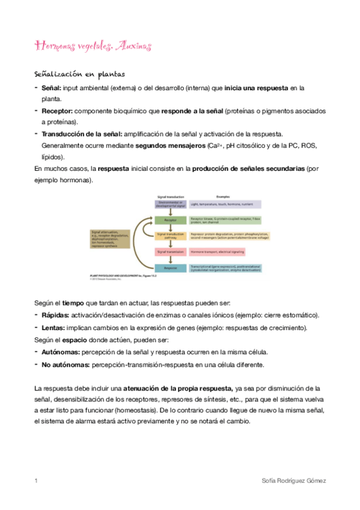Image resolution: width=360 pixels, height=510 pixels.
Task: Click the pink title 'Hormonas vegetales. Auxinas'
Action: coord(93,46)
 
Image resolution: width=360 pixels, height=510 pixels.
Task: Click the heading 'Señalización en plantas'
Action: coord(79,75)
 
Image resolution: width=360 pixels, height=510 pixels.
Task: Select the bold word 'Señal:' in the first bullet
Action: coord(55,88)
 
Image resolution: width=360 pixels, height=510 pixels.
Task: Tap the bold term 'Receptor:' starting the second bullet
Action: coord(58,111)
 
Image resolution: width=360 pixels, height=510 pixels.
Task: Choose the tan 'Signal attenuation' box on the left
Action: coord(111,239)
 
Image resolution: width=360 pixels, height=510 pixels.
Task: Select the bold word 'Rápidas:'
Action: coord(55,315)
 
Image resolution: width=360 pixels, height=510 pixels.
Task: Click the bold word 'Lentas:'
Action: coord(54,328)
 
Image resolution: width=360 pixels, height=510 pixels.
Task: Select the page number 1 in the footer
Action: coord(36,481)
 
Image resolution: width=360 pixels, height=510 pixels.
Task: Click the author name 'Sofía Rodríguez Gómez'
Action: coord(292,481)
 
